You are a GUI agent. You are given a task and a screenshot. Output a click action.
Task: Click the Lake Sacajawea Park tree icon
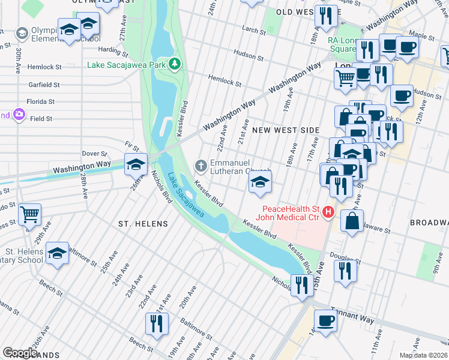click(174, 64)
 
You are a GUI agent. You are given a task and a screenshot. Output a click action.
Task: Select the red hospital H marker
click(328, 212)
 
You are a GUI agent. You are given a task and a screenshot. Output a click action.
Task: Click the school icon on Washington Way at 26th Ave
click(136, 164)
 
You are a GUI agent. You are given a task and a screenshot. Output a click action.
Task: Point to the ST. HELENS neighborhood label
click(143, 224)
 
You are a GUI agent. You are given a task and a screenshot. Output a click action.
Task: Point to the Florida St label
click(40, 102)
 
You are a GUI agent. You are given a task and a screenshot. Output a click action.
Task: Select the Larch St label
click(254, 31)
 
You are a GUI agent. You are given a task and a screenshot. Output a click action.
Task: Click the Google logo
click(20, 352)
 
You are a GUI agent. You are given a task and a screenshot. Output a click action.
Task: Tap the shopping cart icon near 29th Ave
click(29, 214)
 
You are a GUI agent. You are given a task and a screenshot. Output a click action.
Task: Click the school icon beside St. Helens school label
click(57, 254)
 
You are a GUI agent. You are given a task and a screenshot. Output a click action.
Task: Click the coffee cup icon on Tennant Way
click(325, 320)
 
